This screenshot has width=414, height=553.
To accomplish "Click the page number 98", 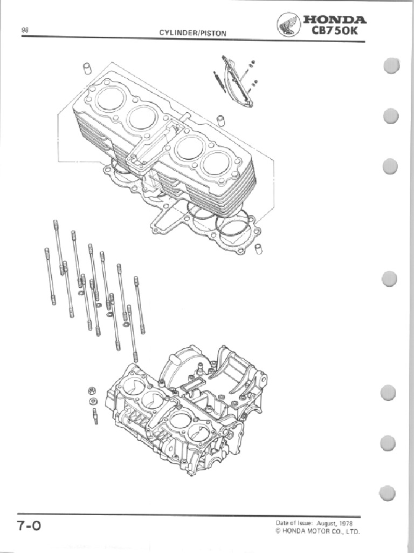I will (25, 31).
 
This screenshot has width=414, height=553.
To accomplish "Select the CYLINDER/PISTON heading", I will (192, 33).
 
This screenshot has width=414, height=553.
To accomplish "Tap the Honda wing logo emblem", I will (288, 25).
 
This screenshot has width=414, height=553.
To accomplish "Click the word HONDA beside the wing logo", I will (335, 20).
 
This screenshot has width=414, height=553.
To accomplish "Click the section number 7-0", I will (30, 526).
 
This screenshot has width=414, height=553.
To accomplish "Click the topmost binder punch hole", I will (391, 65).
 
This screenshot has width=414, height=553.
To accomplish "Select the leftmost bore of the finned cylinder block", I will (111, 98).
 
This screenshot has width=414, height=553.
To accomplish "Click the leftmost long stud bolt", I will (50, 275).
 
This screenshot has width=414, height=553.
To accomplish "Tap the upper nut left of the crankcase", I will (92, 390).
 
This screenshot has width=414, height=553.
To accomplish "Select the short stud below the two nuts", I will (95, 416).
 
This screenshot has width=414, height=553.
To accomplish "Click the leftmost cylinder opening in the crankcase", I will (134, 386).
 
